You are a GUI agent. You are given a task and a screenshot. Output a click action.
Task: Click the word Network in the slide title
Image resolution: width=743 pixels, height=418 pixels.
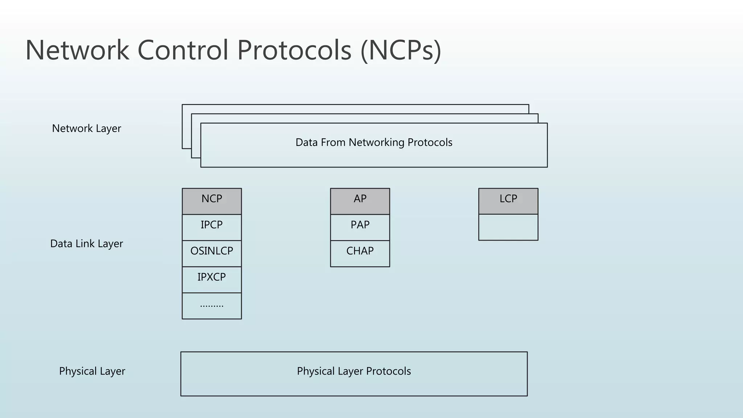pos(77,50)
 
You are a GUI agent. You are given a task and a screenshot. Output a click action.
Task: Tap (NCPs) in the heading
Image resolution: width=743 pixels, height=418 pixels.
pos(401,50)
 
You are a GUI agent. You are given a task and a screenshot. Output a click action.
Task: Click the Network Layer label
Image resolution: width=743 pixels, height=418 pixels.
pos(86,128)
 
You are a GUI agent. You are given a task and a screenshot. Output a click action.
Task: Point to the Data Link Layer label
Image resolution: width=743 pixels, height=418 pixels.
pos(86,243)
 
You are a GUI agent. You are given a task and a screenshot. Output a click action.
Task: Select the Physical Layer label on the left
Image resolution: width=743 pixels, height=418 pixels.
pos(92,371)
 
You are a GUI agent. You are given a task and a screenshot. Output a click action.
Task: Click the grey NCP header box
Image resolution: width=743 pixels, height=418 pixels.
pos(212,201)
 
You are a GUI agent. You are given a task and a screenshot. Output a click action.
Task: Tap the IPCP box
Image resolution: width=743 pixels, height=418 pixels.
pos(212,227)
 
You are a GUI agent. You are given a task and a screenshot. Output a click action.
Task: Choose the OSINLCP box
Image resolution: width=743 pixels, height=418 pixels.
pos(212,253)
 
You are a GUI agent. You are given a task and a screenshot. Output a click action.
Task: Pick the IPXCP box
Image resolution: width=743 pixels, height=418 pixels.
pos(212,279)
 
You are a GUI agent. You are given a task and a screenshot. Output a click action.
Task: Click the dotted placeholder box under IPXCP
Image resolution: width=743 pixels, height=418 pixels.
pos(212,306)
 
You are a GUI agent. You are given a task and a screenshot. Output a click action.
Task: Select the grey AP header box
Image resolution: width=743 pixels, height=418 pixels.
pos(360,201)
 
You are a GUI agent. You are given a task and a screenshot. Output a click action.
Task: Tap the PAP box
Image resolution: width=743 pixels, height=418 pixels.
pos(360,227)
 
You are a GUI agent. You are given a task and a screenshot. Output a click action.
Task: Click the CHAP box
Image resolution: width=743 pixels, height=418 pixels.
pos(360,253)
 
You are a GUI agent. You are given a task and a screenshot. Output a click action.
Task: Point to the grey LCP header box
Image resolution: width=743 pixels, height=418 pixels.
pos(508,201)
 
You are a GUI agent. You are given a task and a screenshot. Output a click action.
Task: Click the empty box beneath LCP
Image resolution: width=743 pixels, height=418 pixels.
pos(508,227)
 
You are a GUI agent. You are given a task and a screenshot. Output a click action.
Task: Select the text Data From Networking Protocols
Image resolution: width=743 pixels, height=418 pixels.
pos(374,142)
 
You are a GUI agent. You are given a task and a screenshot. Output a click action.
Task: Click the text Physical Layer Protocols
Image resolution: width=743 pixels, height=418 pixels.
pos(354,371)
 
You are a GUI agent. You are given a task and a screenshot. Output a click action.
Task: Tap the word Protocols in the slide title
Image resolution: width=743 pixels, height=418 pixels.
pos(294,50)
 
